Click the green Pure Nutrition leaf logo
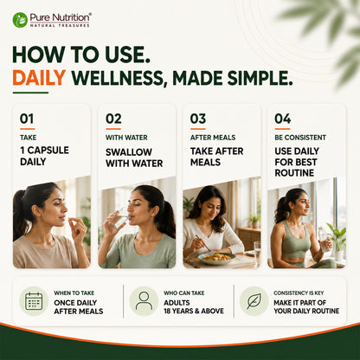click(x=20, y=20)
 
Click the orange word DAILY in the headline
click(x=39, y=78)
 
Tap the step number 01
click(x=27, y=119)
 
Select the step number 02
click(x=113, y=119)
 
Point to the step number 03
click(x=198, y=119)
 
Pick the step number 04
click(x=283, y=119)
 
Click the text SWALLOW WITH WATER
click(x=134, y=157)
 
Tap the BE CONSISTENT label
click(x=300, y=138)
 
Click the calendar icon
click(x=34, y=301)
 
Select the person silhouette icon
click(x=144, y=301)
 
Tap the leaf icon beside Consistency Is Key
click(x=254, y=301)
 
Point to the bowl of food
click(x=216, y=258)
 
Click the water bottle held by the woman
click(x=325, y=239)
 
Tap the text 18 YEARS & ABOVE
click(x=194, y=311)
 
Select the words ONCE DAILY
click(x=75, y=303)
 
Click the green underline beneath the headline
click(x=30, y=93)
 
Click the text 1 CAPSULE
click(x=44, y=151)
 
